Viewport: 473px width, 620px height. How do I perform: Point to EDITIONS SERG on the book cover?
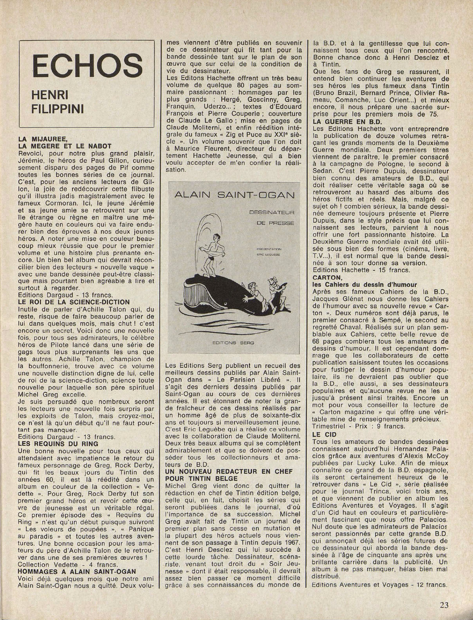pos(236,342)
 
